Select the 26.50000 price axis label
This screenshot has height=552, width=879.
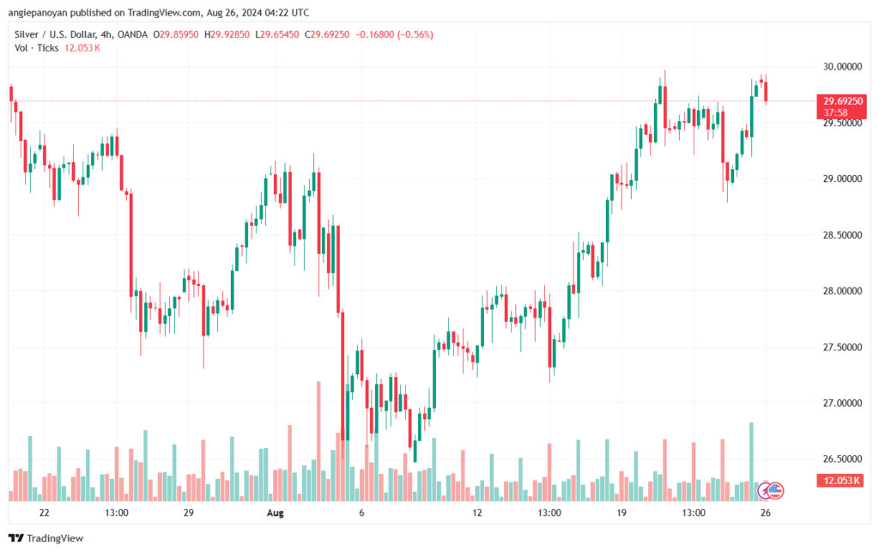pos(838,459)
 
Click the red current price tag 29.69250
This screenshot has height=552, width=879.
pos(841,101)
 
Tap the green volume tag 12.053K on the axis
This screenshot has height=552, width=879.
pos(841,482)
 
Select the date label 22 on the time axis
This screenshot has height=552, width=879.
pos(45,513)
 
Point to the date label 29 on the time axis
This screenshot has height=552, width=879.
pos(189,513)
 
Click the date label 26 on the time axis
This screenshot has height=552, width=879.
pos(766,513)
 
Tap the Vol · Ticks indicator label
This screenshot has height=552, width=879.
pos(37,48)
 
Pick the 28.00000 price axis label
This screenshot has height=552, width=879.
pos(838,291)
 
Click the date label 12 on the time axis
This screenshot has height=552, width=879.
pos(477,513)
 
